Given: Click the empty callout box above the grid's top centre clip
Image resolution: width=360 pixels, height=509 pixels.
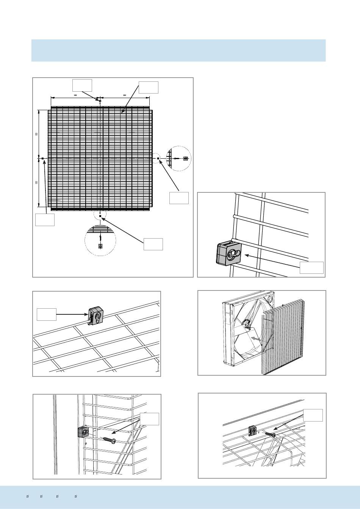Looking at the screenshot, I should click(82, 85).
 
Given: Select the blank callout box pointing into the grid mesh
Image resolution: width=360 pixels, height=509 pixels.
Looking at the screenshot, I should click(149, 87).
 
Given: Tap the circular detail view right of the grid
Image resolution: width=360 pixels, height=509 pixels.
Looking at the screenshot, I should click(179, 158).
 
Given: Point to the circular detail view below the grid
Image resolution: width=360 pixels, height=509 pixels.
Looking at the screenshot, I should click(100, 240).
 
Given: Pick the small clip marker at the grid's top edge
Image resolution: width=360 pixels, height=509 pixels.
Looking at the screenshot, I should click(100, 101).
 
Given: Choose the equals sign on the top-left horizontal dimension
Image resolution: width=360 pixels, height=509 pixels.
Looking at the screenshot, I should click(75, 95).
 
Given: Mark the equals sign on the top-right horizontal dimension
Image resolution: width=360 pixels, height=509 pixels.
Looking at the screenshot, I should click(124, 95).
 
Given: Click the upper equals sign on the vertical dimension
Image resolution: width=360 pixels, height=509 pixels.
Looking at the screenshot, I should click(37, 134).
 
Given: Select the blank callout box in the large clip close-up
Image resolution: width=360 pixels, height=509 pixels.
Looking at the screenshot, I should click(311, 267).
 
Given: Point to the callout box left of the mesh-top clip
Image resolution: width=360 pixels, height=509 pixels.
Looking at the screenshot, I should click(47, 314).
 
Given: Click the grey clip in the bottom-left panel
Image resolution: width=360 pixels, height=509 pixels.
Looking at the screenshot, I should click(83, 431).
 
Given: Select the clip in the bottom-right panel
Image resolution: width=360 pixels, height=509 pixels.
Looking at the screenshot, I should click(253, 431).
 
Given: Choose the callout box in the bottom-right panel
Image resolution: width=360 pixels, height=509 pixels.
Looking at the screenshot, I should click(313, 415).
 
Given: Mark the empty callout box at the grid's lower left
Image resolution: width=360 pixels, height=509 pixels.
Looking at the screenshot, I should click(45, 220).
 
